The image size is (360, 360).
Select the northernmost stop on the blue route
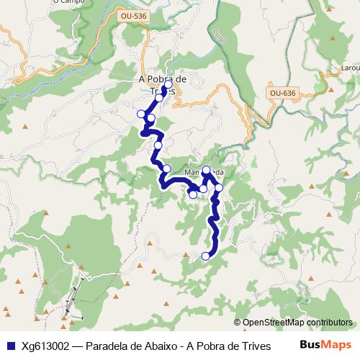tap(168, 85)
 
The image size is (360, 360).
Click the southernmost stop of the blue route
tap(206, 256)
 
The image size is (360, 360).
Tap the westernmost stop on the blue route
tap(141, 114)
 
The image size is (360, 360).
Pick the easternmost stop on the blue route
tap(219, 188)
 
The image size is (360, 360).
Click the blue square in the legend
tap(9, 346)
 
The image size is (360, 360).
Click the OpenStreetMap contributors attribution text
tap(297, 323)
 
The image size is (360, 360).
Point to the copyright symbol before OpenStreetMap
tap(237, 323)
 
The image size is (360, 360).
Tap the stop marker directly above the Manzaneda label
tap(207, 171)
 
